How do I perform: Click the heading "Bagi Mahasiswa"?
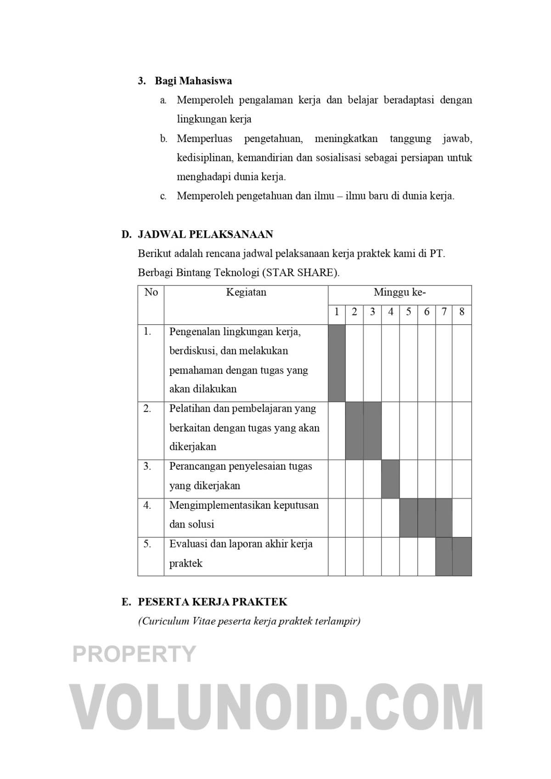(193, 81)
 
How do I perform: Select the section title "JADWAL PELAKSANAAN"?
(205, 234)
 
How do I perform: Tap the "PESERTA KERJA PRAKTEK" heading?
(213, 602)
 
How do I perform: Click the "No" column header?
(151, 292)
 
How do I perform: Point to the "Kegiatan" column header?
(246, 292)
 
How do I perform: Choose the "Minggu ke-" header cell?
(399, 292)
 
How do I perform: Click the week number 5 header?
(409, 312)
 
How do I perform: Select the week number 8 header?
(461, 312)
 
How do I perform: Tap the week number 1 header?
(337, 312)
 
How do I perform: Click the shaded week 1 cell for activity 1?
(337, 363)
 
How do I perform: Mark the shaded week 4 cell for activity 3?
(390, 479)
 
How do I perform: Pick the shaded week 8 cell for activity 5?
(461, 556)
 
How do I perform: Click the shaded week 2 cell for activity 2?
(354, 431)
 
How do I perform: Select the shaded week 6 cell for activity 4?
(427, 517)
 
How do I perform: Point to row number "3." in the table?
(147, 466)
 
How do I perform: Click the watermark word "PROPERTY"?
(134, 654)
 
